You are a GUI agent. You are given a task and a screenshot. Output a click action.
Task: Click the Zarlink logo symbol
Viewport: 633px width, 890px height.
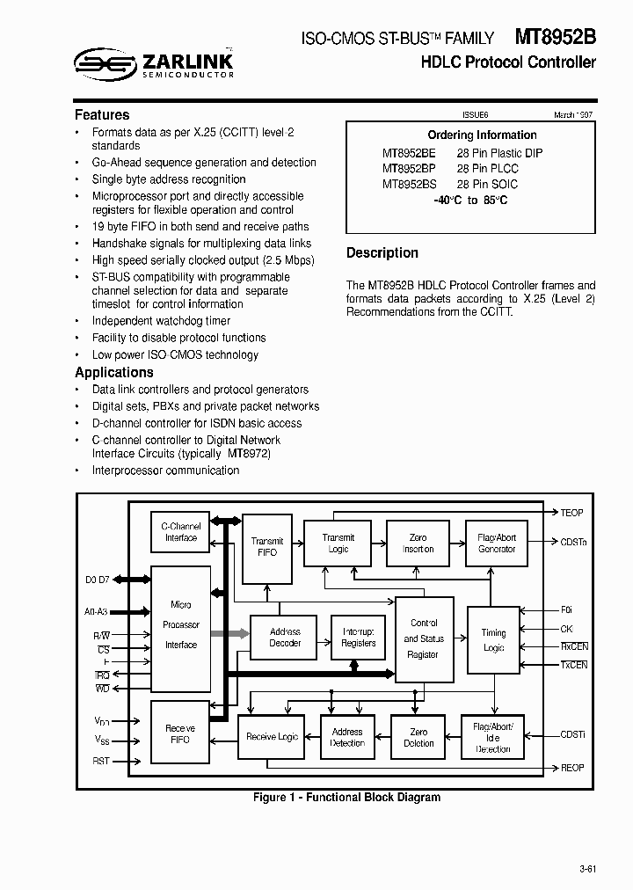tap(102, 62)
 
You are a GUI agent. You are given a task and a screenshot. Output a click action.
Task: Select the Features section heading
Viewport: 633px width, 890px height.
tap(102, 115)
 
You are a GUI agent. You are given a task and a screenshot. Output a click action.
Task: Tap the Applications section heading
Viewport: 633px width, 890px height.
tap(114, 372)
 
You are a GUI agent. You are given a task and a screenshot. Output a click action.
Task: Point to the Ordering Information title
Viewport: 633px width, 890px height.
tap(482, 135)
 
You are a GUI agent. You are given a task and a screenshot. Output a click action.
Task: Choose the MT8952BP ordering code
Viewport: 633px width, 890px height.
tap(408, 168)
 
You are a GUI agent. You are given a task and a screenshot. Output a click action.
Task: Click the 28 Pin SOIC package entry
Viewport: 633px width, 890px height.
tap(487, 184)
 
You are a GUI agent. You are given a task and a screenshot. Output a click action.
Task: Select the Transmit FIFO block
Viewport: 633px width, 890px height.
tap(267, 547)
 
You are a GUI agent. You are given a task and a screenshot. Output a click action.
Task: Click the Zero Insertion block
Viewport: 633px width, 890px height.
tap(418, 543)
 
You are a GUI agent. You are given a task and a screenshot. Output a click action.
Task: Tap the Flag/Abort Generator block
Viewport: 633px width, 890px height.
tap(496, 543)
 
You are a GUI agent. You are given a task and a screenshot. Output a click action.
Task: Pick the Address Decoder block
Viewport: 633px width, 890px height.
tap(284, 638)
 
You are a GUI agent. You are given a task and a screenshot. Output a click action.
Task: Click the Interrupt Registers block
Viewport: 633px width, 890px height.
tap(358, 638)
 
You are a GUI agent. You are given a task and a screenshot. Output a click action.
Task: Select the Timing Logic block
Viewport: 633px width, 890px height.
tap(493, 639)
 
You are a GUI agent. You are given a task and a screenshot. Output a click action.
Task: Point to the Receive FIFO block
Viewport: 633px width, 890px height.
tap(180, 733)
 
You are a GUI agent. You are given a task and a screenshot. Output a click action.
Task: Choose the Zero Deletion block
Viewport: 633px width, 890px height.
tap(418, 737)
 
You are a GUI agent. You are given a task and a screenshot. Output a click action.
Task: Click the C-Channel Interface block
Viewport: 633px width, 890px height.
tap(180, 532)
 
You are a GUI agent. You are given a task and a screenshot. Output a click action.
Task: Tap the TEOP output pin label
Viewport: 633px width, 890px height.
tap(571, 513)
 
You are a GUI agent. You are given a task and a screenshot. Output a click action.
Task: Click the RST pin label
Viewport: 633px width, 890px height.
tap(101, 761)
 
